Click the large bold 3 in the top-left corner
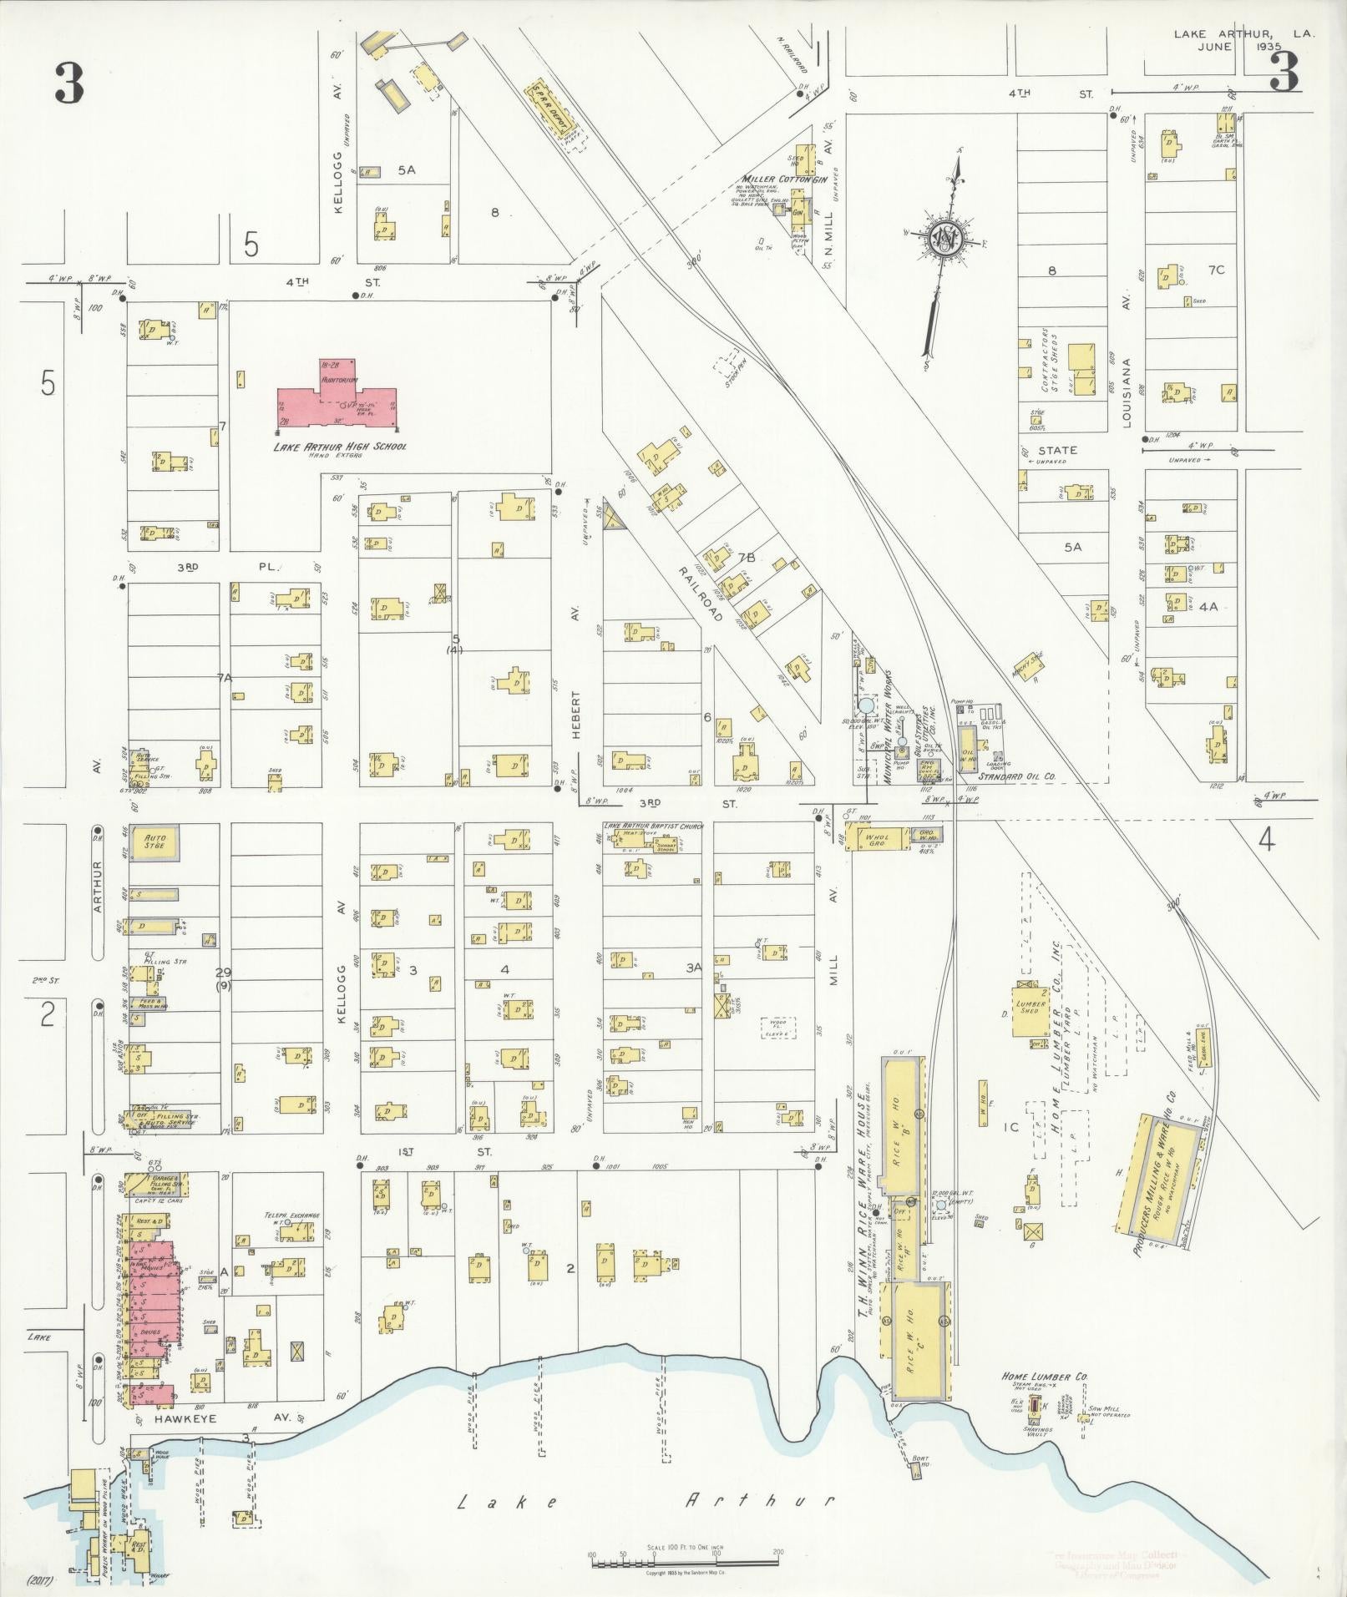[x=69, y=83]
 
